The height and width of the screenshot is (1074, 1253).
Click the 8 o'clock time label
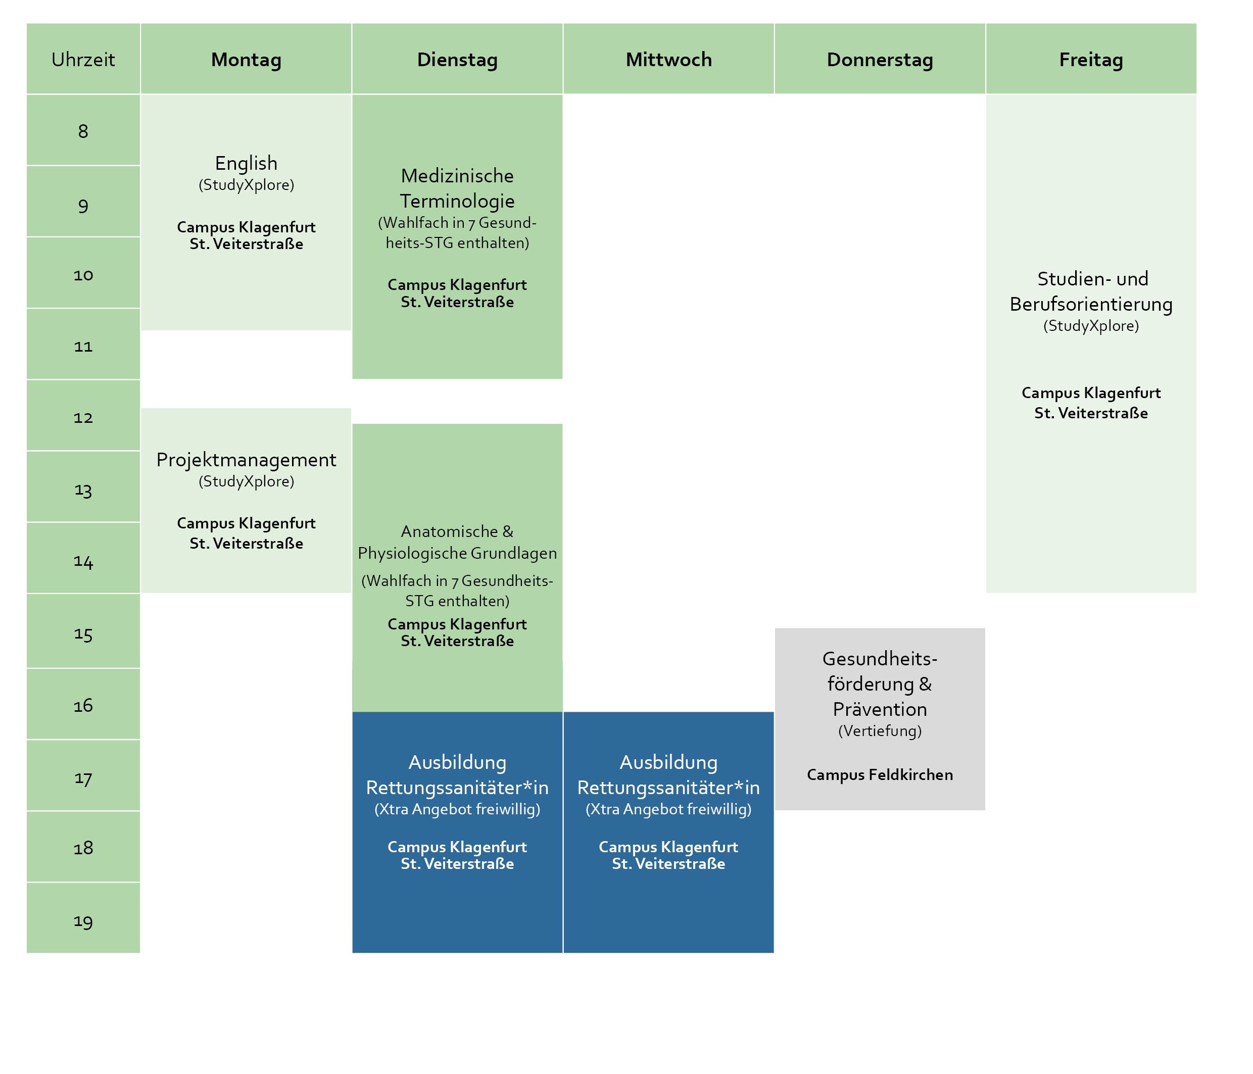83,131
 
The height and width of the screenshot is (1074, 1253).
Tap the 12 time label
83,417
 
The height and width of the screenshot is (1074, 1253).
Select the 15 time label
83,633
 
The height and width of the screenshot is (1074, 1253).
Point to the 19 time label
83,920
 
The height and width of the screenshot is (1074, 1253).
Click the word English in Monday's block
246,163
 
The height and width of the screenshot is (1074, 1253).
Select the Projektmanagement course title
246,460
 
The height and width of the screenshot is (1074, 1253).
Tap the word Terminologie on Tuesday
457,201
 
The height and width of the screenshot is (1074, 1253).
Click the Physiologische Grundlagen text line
457,553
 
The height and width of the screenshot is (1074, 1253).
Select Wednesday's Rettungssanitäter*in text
668,788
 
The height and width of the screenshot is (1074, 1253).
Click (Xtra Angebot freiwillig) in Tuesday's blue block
457,809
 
